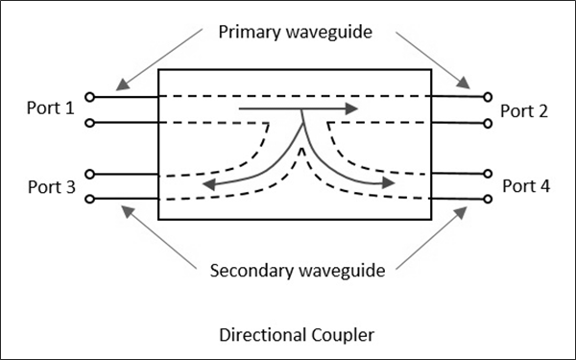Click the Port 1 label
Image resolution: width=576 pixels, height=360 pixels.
(51, 108)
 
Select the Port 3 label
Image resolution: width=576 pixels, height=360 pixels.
(51, 186)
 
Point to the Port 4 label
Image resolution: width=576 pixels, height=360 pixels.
(527, 185)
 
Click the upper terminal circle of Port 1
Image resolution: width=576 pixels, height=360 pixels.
(89, 97)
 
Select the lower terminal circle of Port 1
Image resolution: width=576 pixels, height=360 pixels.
(89, 123)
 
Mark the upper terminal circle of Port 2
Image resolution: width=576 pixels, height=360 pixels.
(488, 97)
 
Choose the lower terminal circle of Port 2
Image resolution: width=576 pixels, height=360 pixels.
(488, 123)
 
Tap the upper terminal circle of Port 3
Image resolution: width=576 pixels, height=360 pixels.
(89, 174)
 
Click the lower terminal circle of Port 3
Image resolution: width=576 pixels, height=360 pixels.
(89, 200)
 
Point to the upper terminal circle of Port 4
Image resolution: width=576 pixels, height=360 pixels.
(488, 174)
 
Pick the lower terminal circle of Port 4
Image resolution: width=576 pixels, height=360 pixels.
(488, 200)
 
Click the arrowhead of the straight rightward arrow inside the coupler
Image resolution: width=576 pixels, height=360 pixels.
(352, 109)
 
